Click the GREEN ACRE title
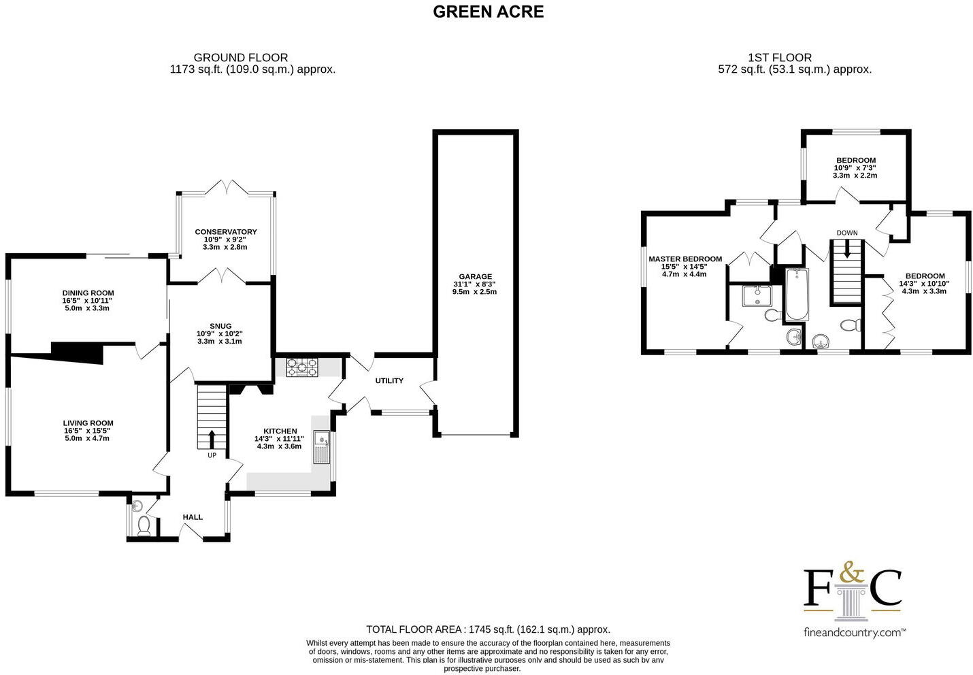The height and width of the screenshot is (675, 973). point(488,12)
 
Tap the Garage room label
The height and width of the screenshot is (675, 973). point(475,276)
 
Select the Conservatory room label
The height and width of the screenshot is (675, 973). point(225,232)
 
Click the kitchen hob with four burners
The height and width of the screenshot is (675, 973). point(302,367)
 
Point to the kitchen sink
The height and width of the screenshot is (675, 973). point(320,446)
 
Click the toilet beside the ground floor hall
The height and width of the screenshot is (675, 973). point(144,525)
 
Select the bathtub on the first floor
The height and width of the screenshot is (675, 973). point(796,295)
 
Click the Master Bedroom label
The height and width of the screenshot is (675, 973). point(685,259)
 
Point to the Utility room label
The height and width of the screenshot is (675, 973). point(389,381)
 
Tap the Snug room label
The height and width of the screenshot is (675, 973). point(220,326)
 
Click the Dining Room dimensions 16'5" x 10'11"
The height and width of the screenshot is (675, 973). point(88,301)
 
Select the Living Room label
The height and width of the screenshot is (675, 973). point(88,423)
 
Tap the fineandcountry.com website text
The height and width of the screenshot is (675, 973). point(853,632)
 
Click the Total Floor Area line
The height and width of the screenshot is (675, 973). point(488,629)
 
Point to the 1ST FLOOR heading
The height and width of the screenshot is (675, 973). point(779,58)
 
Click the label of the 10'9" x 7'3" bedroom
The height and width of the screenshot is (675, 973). point(855,161)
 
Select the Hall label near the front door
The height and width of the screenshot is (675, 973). point(193,517)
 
